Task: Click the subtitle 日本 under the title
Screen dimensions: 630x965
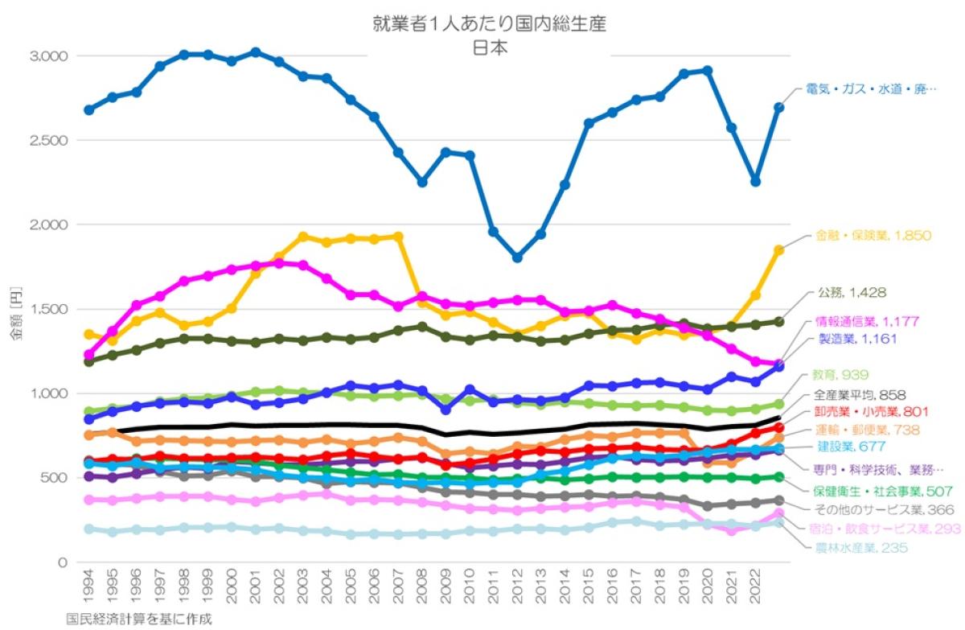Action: pyautogui.click(x=490, y=47)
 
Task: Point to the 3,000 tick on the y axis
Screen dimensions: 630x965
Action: pyautogui.click(x=50, y=56)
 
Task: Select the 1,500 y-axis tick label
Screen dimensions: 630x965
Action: pyautogui.click(x=50, y=309)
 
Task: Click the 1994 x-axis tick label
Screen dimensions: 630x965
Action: pyautogui.click(x=88, y=591)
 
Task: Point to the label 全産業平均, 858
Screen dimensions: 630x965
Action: pyautogui.click(x=860, y=396)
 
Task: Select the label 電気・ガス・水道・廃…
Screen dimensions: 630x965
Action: pyautogui.click(x=872, y=90)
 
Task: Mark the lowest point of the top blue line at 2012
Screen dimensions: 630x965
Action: pyautogui.click(x=517, y=257)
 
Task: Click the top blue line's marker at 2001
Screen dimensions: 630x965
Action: pyautogui.click(x=256, y=52)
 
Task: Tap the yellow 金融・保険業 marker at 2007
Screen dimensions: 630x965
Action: pyautogui.click(x=398, y=237)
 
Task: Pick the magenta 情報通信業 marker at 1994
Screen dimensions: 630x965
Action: pyautogui.click(x=88, y=355)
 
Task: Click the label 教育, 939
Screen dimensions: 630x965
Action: pyautogui.click(x=841, y=374)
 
